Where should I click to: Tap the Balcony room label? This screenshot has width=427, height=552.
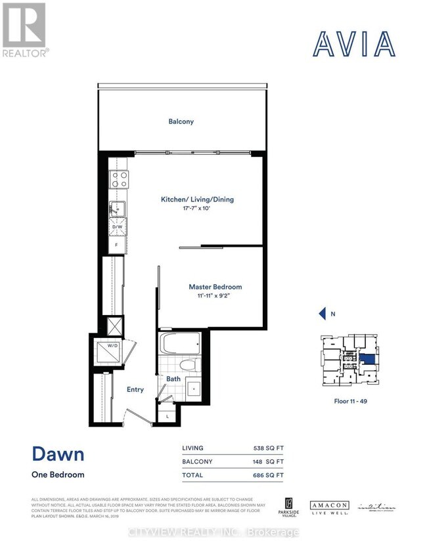(x=181, y=121)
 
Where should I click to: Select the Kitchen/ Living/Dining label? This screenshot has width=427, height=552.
(x=198, y=200)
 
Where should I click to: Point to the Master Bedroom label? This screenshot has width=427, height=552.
(x=215, y=287)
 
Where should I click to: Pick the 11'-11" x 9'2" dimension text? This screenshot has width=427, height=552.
(x=215, y=296)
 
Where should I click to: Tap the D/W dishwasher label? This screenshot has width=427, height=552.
(x=118, y=227)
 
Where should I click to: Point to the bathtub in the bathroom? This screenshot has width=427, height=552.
(x=179, y=344)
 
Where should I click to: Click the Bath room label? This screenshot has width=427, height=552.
(x=173, y=379)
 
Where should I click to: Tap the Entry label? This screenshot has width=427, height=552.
(x=135, y=389)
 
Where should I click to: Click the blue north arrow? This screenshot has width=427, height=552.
(x=322, y=314)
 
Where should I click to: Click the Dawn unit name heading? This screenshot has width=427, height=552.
(x=57, y=455)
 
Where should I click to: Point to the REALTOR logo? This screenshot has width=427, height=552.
(x=24, y=30)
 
